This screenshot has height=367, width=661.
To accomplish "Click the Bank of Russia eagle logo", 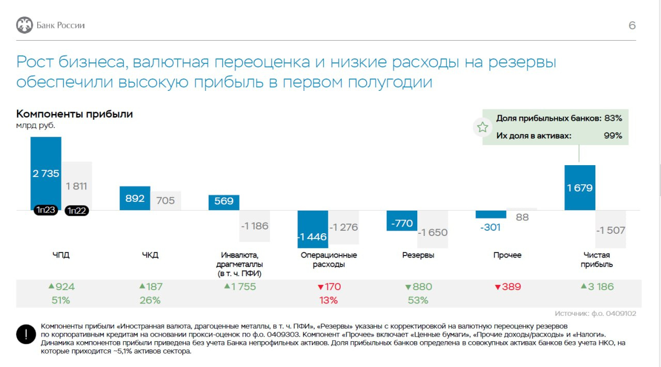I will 24,25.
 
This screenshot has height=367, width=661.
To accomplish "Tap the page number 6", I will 632,25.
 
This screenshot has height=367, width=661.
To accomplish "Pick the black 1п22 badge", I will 76,211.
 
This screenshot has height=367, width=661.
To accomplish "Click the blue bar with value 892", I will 135,198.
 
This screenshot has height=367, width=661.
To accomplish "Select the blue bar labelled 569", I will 224,202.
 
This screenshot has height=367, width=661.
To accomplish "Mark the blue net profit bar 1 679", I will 580,188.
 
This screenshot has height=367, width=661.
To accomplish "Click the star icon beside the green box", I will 482,127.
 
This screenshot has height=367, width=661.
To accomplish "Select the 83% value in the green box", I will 613,118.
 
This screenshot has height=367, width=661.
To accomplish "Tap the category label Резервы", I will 418,255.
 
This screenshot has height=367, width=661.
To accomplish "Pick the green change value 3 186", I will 597,287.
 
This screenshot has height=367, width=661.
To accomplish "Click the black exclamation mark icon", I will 25,334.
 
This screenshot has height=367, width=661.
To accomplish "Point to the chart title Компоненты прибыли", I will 74,114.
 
